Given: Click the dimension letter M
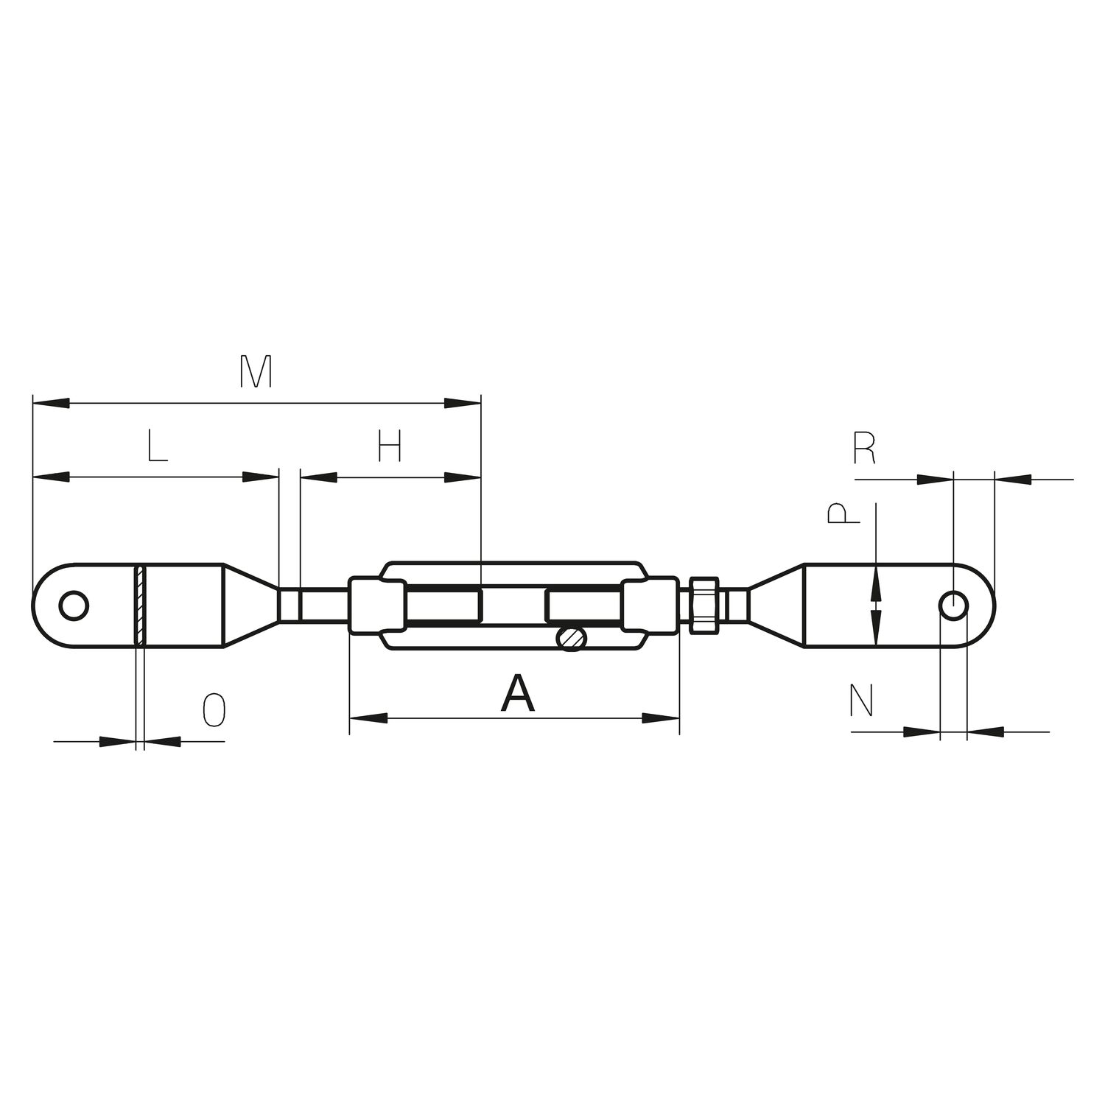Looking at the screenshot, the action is pyautogui.click(x=256, y=372).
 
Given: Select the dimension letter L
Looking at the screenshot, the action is pyautogui.click(x=157, y=446).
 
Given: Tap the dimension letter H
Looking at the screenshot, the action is pyautogui.click(x=390, y=446).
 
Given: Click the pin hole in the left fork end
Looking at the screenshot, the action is pyautogui.click(x=74, y=606).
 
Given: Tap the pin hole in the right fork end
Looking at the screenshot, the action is pyautogui.click(x=954, y=605).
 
